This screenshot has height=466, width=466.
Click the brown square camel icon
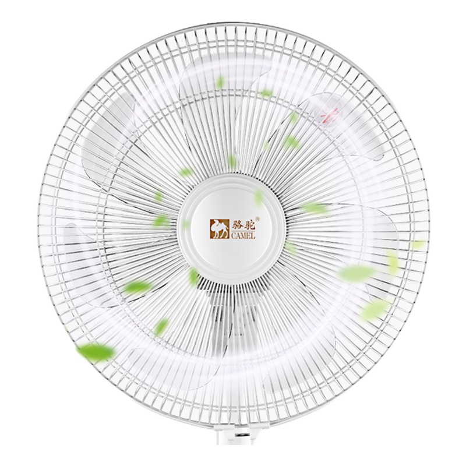(220, 229)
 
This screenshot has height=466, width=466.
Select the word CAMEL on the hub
(242, 236)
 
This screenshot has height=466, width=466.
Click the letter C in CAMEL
(232, 236)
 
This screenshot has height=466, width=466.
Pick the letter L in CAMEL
(253, 236)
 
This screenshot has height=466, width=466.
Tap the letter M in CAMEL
(243, 236)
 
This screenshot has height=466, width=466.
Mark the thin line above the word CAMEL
(242, 232)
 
